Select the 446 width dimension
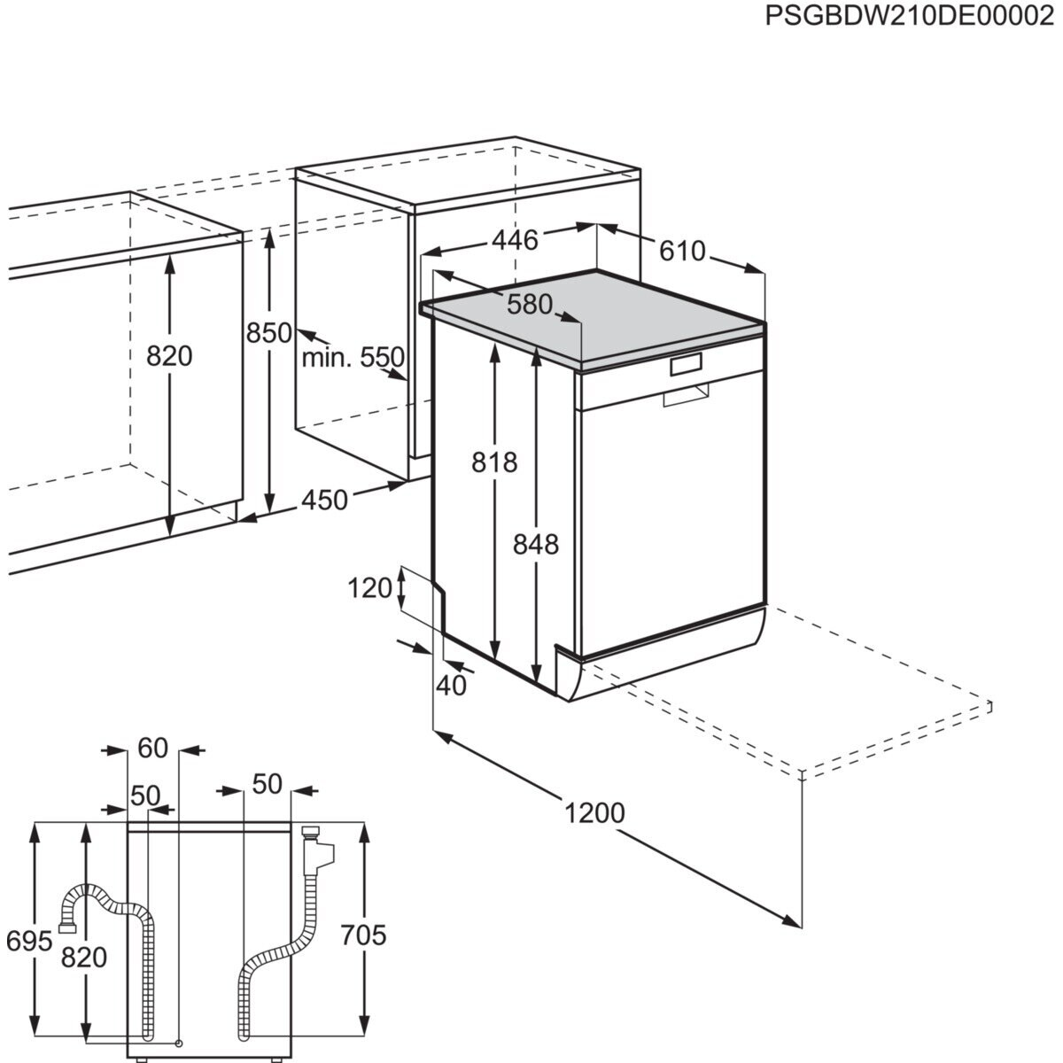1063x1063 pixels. [x=515, y=240]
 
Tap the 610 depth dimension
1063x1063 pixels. [x=682, y=251]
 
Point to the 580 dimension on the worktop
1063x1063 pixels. [x=530, y=304]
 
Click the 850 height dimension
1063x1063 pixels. [x=268, y=333]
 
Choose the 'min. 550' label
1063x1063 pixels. [x=353, y=358]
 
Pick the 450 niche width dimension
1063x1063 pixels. [x=324, y=500]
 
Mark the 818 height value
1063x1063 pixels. [x=493, y=462]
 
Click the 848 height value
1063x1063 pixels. [x=536, y=543]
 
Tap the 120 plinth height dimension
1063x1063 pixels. [x=369, y=586]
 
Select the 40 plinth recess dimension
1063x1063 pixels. [x=451, y=685]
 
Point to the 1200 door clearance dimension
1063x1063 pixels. [x=594, y=812]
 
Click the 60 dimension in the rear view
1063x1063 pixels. [x=152, y=749]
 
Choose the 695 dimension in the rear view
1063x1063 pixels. [x=30, y=942]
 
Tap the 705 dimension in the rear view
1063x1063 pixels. [x=363, y=935]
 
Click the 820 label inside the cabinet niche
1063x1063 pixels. [x=168, y=356]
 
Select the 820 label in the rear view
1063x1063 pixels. [x=84, y=957]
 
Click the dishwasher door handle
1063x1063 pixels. [x=686, y=395]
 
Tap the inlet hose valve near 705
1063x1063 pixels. [x=314, y=850]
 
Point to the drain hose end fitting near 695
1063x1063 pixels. [x=67, y=927]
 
